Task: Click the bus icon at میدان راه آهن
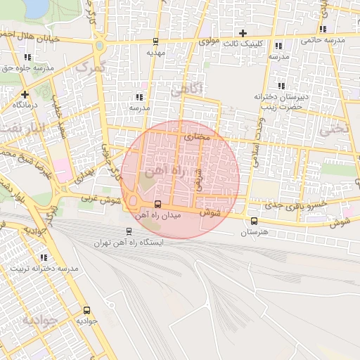(x=157, y=205)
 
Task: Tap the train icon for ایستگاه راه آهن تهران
(x=128, y=231)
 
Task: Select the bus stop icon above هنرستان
(x=254, y=221)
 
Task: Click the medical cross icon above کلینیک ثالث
(x=243, y=33)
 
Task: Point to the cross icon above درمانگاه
(x=25, y=94)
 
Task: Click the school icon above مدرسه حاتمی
(x=322, y=30)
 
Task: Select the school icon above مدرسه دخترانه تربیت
(x=44, y=258)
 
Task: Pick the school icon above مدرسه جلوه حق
(x=27, y=57)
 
